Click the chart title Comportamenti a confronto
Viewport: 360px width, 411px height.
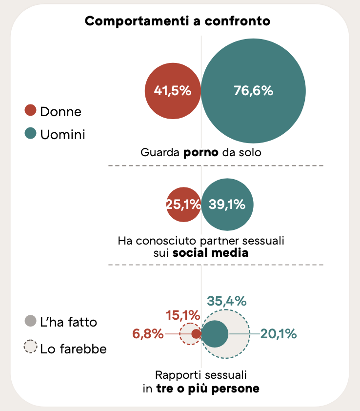178,21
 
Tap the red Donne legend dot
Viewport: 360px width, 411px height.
30,111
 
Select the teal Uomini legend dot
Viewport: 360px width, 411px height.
30,134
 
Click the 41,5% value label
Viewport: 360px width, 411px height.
172,91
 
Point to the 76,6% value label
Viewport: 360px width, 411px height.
253,91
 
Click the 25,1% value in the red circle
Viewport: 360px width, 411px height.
183,205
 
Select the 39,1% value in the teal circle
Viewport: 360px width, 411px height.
227,205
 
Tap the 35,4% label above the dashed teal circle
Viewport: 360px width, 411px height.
226,301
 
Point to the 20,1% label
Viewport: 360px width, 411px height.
278,334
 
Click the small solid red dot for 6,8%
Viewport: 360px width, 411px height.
196,334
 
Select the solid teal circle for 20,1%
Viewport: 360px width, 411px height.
215,334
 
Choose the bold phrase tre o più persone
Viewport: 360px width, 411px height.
208,389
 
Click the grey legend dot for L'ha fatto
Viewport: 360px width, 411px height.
30,321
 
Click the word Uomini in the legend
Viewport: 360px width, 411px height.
62,134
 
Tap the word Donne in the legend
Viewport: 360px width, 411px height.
60,112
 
